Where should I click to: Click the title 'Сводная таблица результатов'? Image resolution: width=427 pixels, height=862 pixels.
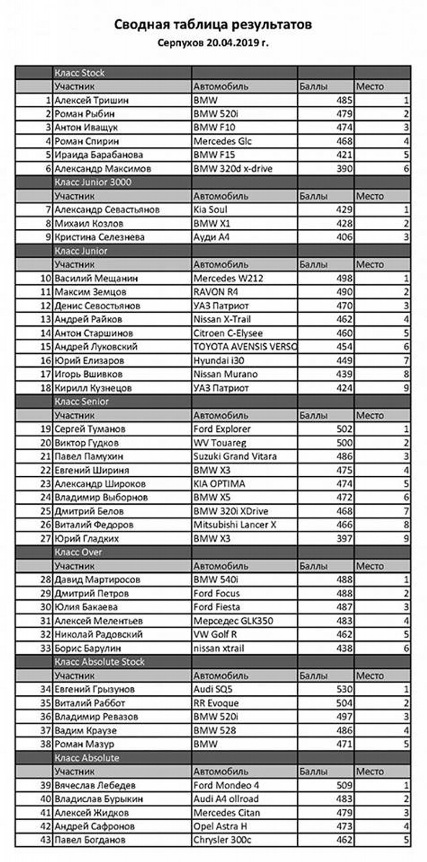click(213, 25)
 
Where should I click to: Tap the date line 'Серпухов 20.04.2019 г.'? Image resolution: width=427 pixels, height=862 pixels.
click(213, 43)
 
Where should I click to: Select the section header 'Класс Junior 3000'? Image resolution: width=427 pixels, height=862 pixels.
click(93, 182)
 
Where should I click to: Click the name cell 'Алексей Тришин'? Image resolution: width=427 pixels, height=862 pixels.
click(92, 100)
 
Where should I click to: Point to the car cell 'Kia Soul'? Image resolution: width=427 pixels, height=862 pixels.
click(210, 209)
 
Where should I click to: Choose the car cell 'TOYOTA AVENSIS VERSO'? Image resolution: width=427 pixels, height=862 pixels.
click(245, 347)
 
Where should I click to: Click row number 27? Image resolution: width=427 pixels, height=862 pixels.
click(46, 539)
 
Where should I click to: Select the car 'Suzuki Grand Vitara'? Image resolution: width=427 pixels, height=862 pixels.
click(235, 456)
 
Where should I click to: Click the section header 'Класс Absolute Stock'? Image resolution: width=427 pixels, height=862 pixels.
click(100, 662)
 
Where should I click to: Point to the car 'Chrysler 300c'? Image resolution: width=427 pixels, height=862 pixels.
click(222, 840)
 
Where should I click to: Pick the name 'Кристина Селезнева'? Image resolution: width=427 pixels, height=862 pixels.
click(100, 237)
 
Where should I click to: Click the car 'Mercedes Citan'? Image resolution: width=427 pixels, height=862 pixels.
click(227, 813)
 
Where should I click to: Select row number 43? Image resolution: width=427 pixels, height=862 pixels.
click(46, 840)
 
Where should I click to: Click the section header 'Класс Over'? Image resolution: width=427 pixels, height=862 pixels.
click(78, 553)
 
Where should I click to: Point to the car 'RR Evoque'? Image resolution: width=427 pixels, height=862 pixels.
click(216, 703)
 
